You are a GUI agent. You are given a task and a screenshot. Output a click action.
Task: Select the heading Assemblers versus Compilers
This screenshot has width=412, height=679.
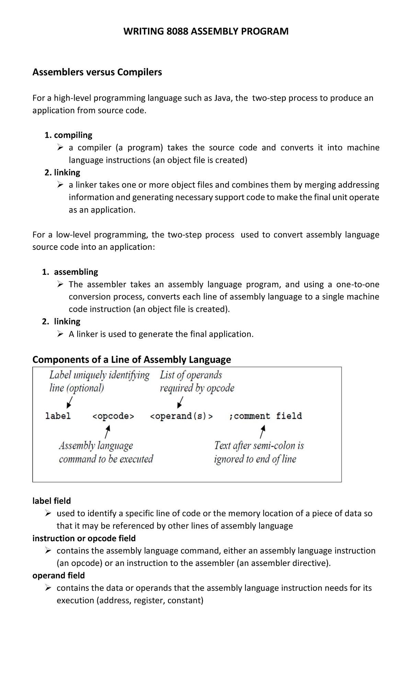click(x=97, y=72)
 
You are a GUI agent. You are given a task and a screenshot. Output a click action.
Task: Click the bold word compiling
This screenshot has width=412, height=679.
click(x=73, y=135)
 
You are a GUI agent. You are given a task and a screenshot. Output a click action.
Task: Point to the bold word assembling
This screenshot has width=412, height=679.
click(x=76, y=272)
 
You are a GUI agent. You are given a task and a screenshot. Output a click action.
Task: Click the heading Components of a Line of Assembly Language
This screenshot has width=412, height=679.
click(x=131, y=359)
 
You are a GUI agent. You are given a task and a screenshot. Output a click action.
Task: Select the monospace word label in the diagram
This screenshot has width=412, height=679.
click(x=58, y=416)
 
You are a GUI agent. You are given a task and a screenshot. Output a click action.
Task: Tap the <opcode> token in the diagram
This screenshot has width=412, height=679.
click(x=113, y=416)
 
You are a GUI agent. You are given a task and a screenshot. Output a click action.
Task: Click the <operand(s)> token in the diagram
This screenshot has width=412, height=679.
click(x=181, y=416)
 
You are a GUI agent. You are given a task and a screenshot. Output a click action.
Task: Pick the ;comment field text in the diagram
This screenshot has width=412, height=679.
click(x=265, y=416)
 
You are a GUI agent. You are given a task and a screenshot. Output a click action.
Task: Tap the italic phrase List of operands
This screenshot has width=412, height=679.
click(x=191, y=375)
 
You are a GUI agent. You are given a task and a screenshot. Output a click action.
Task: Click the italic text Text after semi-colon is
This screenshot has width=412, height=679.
click(x=259, y=446)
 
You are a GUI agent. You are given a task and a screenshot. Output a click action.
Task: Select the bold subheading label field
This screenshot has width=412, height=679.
click(x=51, y=501)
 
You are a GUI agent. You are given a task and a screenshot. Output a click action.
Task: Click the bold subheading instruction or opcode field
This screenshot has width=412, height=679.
click(x=84, y=538)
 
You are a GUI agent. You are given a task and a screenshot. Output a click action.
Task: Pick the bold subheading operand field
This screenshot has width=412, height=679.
click(x=58, y=575)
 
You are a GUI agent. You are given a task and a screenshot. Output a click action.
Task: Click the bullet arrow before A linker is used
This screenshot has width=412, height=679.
click(x=60, y=334)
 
